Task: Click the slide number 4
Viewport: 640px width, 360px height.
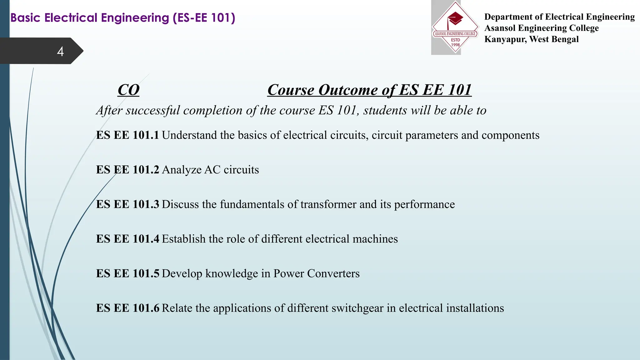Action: (60, 51)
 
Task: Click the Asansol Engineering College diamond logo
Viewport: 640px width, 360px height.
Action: (455, 27)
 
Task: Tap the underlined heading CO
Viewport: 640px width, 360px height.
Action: (128, 90)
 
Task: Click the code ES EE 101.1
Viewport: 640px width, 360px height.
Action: (127, 135)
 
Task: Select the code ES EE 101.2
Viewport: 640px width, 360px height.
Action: (127, 170)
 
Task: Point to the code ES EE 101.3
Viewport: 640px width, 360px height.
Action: (127, 204)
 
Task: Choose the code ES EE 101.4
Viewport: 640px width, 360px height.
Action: (127, 239)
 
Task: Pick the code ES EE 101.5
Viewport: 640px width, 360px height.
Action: (127, 273)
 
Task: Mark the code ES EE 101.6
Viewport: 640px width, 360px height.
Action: (127, 308)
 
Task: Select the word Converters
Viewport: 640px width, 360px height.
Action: (333, 273)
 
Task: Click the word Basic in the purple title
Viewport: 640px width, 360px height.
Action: (26, 18)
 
